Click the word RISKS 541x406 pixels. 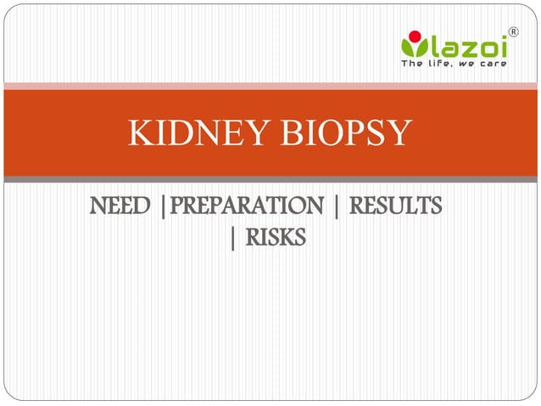[x=275, y=240]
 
